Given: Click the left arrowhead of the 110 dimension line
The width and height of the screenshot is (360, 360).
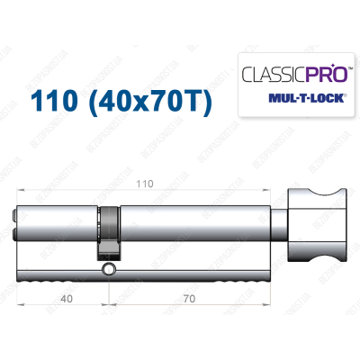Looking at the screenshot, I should click(x=19, y=191).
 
